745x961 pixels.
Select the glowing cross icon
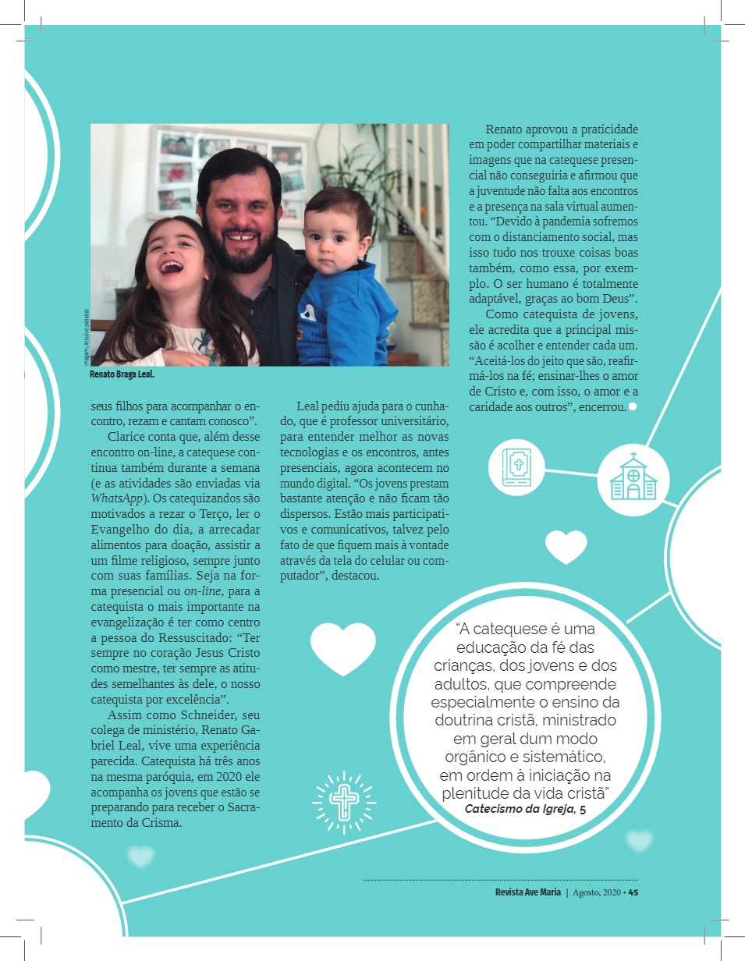pyautogui.click(x=342, y=799)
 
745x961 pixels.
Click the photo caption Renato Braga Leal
pyautogui.click(x=122, y=374)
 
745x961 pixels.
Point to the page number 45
pyautogui.click(x=633, y=893)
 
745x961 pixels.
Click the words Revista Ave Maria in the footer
pyautogui.click(x=527, y=893)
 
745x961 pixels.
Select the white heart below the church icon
pyautogui.click(x=566, y=546)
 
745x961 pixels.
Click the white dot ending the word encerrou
pyautogui.click(x=633, y=406)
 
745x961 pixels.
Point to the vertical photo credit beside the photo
pyautogui.click(x=86, y=335)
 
